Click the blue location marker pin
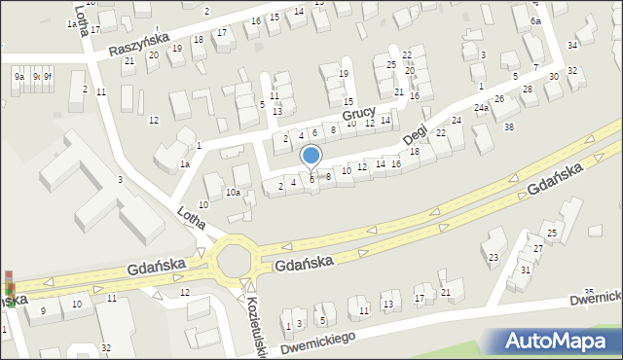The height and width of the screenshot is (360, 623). tap(311, 157)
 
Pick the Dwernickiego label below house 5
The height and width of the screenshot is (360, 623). tap(316, 340)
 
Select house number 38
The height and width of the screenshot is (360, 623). tap(508, 126)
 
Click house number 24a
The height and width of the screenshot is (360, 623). tap(481, 109)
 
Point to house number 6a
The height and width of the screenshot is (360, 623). tap(535, 20)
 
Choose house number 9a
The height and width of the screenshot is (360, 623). tap(18, 76)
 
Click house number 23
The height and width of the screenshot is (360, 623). tap(493, 257)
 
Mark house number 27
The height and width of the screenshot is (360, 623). tap(536, 250)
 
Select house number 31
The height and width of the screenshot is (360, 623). tap(525, 270)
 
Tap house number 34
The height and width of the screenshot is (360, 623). tap(572, 46)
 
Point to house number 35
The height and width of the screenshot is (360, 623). tap(588, 292)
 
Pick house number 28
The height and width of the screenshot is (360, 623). tap(528, 90)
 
